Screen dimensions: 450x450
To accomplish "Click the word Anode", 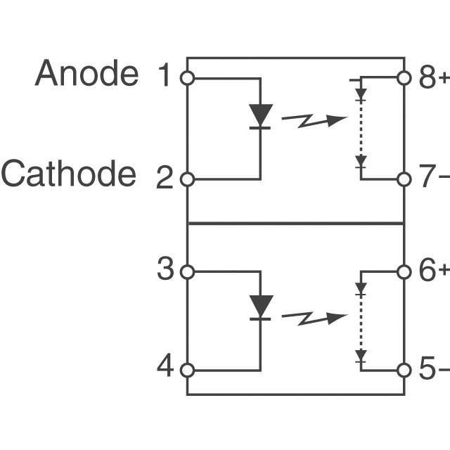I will [87, 73].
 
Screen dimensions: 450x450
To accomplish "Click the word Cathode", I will [68, 174].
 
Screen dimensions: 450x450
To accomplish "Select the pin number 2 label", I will [164, 179].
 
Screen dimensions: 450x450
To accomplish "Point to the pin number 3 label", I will [165, 269].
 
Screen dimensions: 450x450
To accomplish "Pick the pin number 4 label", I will [165, 366].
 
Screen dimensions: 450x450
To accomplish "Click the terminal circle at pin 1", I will [187, 78].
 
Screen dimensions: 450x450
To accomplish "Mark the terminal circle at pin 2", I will [187, 179].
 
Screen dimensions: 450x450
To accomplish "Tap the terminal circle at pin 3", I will [187, 271].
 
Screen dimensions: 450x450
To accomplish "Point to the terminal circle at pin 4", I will [187, 370].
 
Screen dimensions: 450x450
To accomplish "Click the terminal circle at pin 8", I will [404, 78].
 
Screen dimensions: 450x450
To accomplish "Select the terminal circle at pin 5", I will [404, 370].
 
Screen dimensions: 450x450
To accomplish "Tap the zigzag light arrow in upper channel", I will [314, 121].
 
